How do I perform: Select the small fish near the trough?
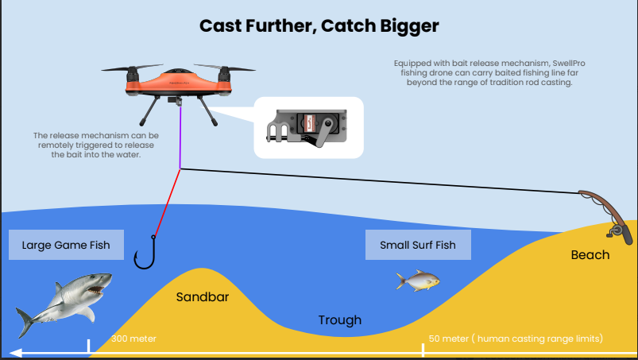coord(417,280)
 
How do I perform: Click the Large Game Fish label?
coord(66,245)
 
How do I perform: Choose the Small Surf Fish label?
coord(418,245)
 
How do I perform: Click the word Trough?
coord(339,320)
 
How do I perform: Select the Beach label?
coord(590,255)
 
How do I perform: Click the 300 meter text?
coord(133,339)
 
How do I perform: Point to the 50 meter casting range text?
coord(516,339)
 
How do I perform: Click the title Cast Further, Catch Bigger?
coord(319,26)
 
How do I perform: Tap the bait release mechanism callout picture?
coord(308,127)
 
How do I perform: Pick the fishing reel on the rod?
coord(616,230)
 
